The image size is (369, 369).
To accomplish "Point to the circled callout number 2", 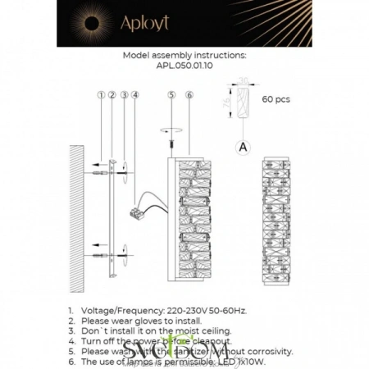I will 112,96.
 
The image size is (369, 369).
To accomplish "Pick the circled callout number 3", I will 124,96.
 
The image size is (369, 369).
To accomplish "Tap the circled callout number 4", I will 135,96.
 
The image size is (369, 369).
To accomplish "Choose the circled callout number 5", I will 171,96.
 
